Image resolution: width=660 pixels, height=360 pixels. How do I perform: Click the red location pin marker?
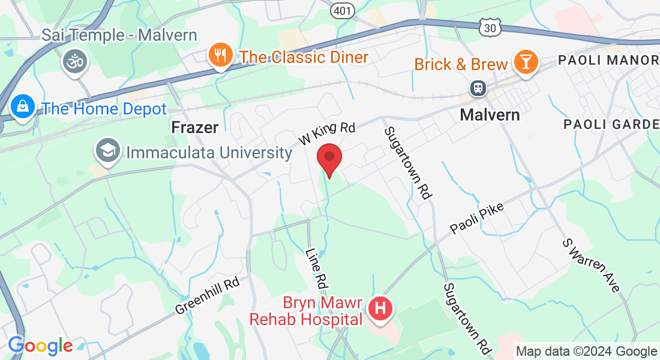[329, 158]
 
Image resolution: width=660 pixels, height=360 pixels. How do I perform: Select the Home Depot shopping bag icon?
[23, 107]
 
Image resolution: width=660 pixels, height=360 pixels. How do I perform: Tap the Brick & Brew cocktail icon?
[526, 63]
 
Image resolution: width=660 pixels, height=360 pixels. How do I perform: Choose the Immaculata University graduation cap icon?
[108, 151]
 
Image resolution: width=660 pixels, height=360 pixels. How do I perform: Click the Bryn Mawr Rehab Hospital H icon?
[380, 310]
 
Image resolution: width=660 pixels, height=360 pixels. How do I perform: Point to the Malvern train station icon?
[478, 88]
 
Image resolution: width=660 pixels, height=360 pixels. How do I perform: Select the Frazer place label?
[194, 127]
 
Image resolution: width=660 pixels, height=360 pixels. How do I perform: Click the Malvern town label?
[490, 115]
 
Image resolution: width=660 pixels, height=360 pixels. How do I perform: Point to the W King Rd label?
[328, 133]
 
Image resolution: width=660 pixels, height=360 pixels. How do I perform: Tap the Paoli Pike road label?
[477, 218]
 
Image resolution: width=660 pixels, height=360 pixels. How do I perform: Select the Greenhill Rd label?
[208, 295]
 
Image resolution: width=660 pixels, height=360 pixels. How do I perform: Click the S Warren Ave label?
[591, 265]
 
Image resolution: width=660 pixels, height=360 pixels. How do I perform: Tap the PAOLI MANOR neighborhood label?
[608, 60]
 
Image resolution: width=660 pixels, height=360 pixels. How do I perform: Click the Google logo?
[40, 346]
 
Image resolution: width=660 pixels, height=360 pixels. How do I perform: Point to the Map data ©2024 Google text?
[587, 351]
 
